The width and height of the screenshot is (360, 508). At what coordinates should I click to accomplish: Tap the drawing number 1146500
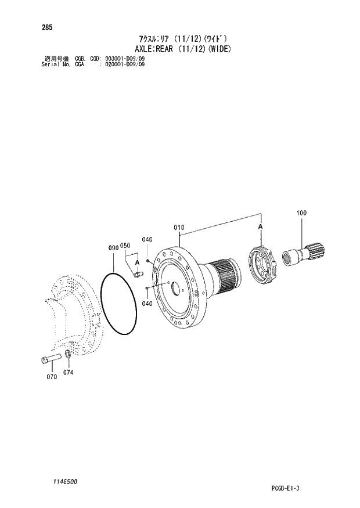[x=51, y=481]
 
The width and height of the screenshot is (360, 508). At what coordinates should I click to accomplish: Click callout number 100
[x=301, y=214]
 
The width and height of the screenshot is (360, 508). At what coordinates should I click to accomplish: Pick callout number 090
[x=113, y=247]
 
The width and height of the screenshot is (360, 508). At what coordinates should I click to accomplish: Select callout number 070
[x=52, y=377]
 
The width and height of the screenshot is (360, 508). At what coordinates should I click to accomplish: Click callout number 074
[x=69, y=372]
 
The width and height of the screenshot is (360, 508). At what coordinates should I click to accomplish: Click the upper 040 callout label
[x=147, y=240]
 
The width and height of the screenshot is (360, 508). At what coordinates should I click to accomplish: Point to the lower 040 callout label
[x=147, y=303]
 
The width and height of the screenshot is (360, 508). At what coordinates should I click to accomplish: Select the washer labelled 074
[x=67, y=354]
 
